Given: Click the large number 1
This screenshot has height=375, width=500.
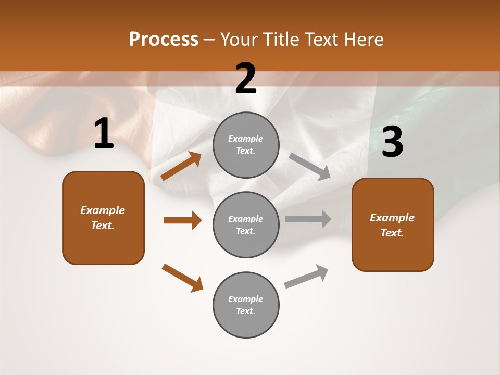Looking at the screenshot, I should (x=104, y=134).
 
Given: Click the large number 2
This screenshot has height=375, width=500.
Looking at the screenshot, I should (x=246, y=79).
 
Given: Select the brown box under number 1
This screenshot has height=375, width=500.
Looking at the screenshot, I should (x=103, y=218).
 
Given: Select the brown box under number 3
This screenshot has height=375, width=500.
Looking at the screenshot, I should (x=393, y=224).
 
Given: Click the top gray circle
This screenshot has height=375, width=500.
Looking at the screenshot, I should (x=246, y=144).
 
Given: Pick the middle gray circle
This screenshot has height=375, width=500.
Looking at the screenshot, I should (x=246, y=224).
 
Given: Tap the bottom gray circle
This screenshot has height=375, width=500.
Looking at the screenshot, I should (x=246, y=305).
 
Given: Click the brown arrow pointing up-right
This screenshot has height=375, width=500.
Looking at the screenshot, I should (x=181, y=166).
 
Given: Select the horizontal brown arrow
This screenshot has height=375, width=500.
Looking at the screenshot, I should (x=182, y=220).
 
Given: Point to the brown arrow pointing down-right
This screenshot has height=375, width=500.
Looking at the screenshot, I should (x=182, y=278).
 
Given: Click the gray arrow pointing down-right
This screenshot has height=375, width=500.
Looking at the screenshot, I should (x=309, y=167).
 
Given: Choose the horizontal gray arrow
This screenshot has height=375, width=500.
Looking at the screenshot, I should (x=308, y=219).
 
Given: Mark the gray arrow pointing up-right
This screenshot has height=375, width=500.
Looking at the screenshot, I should (x=306, y=276).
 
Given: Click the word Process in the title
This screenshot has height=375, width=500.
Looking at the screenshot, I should (x=164, y=39).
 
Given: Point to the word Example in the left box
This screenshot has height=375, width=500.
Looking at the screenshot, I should (x=103, y=210).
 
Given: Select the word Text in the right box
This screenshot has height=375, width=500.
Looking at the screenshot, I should (x=392, y=233).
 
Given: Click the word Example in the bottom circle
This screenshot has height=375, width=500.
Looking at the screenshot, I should (x=245, y=299).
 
